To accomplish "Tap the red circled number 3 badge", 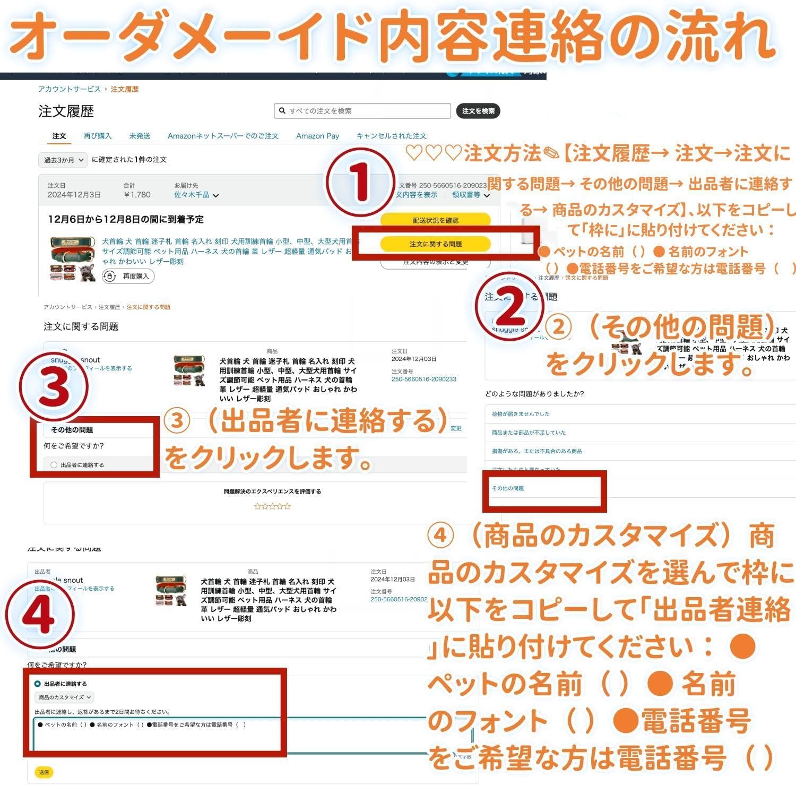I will point(54,386).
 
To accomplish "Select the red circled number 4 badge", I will point(40,615).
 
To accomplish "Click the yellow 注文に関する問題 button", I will point(435,244).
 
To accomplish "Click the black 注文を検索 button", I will point(478,111).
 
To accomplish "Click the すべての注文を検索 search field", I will point(362,111).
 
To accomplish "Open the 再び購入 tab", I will point(98,136).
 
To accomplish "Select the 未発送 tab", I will point(140,136).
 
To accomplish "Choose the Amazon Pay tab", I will point(317,136).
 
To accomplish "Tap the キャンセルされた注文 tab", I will point(391,136).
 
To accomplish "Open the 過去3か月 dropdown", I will point(63,160).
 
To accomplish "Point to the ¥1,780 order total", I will point(137,195).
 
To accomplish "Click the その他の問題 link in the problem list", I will point(508,488).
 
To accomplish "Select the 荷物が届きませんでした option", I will point(521,414).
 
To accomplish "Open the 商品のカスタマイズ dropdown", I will point(64,697).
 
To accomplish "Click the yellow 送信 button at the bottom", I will point(44,772).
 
